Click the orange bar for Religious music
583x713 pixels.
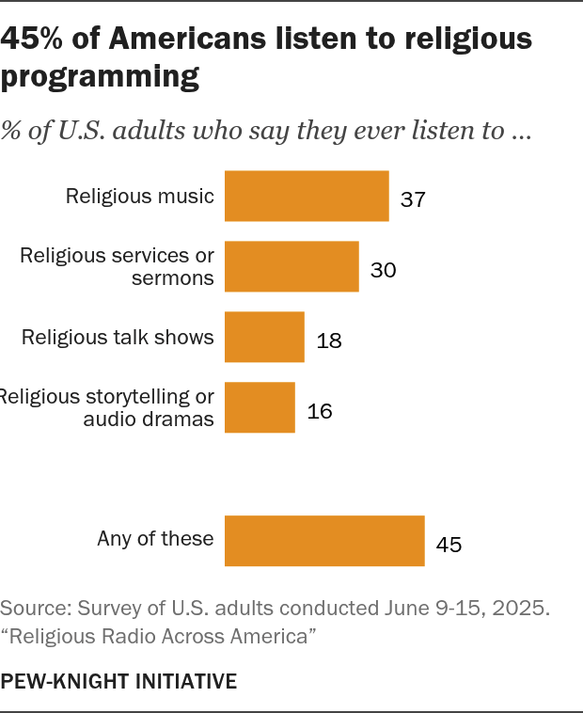coord(307,196)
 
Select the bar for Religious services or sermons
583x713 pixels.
coord(291,266)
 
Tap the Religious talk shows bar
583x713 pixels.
coord(264,337)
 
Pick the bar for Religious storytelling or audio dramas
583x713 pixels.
coord(260,407)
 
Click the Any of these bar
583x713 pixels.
coord(324,540)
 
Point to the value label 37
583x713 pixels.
coord(414,199)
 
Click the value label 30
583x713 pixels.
coord(383,270)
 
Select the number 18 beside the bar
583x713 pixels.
coord(328,341)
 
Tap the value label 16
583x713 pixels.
coord(319,411)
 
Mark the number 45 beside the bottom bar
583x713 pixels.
coord(449,545)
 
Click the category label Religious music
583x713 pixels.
coord(140,196)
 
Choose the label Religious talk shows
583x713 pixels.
coord(118,337)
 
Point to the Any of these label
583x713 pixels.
coord(156,539)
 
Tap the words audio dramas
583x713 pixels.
coord(149,420)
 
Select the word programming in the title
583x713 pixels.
coord(100,76)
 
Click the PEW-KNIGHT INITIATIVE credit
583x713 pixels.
coord(118,680)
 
